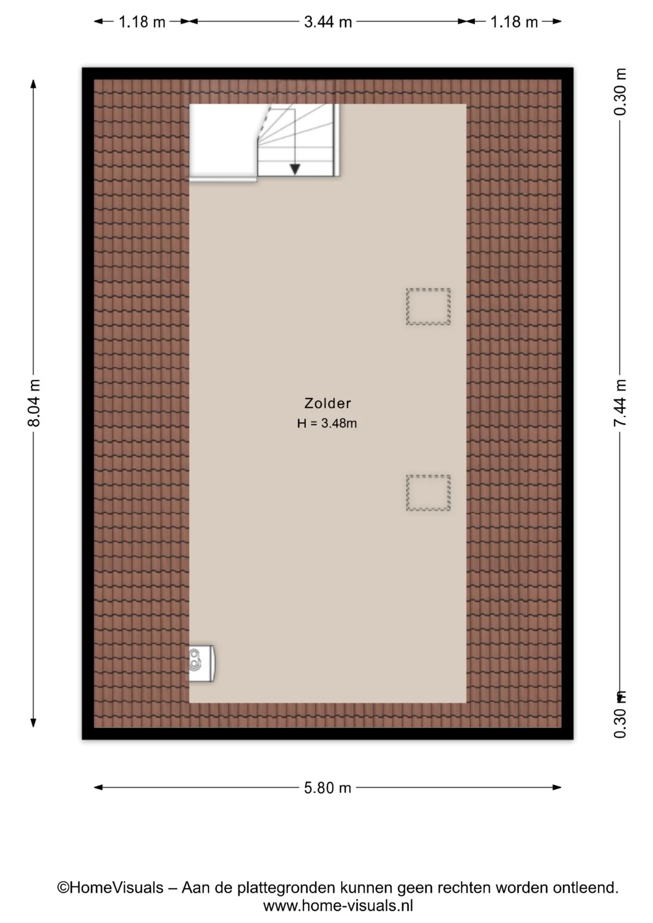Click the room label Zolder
(327, 403)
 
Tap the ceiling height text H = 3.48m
(327, 423)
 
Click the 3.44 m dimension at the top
(328, 22)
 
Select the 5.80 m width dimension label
(327, 788)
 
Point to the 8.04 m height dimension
(34, 403)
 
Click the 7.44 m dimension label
(620, 403)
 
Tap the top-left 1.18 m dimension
(142, 22)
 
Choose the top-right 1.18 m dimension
(514, 22)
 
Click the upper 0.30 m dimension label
(620, 92)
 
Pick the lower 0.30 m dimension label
(620, 715)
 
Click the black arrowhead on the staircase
(295, 169)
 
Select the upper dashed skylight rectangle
(428, 306)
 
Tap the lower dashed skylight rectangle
(428, 493)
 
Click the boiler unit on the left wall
(201, 663)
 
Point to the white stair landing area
(223, 142)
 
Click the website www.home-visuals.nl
(338, 906)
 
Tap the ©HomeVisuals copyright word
(110, 887)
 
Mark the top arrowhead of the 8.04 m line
(34, 84)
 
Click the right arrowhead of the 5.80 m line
(557, 787)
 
